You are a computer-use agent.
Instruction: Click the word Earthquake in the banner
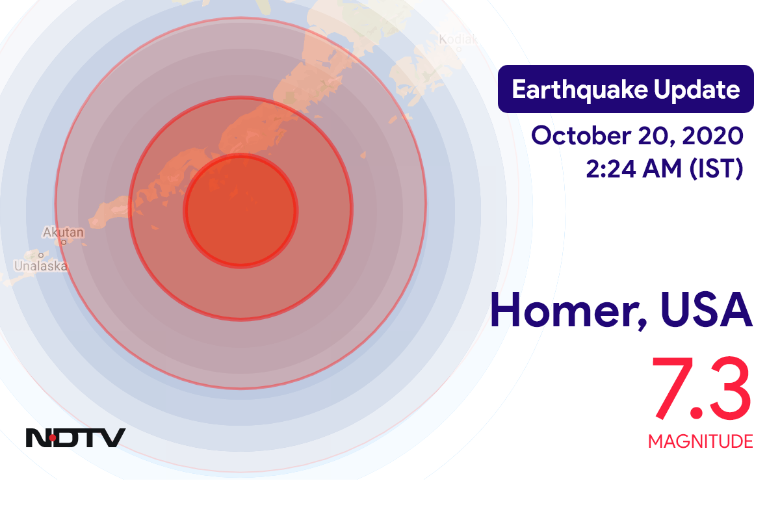coord(580,90)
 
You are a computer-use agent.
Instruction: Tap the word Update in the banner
coord(697,90)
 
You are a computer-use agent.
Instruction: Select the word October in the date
coord(581,135)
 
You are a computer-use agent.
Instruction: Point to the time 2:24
coord(612,169)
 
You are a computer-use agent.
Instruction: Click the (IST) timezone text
coord(716,169)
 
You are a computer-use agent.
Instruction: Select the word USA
coord(707,309)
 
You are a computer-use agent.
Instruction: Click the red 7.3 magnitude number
coord(701,388)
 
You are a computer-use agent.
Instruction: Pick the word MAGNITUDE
coord(701,441)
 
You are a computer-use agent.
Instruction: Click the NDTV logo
coord(75,438)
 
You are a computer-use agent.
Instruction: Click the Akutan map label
coord(64,232)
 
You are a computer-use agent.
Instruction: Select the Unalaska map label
coord(41,266)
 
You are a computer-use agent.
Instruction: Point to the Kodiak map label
coord(458,40)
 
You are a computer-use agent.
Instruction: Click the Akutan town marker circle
coord(64,242)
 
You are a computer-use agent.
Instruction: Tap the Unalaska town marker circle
coord(41,255)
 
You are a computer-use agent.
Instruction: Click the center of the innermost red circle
coord(240,211)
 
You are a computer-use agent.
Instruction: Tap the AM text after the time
coord(662,169)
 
